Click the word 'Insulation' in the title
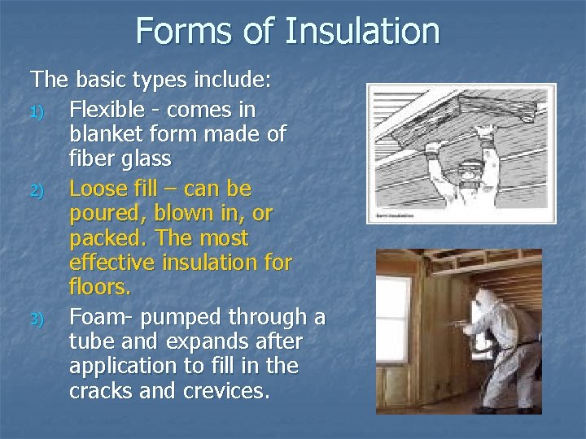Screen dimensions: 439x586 362,32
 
